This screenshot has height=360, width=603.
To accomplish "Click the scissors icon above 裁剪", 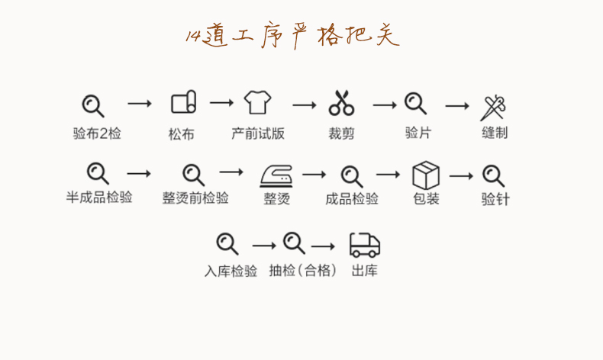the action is click(341, 103).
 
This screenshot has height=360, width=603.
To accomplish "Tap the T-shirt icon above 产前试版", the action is click(257, 101).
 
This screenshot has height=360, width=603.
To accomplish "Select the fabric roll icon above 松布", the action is click(183, 102).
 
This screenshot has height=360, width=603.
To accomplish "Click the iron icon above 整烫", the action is click(276, 175).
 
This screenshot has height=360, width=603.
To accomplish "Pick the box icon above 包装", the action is click(426, 175).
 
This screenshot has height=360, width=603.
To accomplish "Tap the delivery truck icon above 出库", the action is click(364, 244).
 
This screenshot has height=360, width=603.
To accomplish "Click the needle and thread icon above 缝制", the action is click(494, 107).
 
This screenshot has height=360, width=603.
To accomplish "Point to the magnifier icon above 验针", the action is click(495, 176).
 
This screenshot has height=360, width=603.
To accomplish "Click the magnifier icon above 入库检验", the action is click(227, 243).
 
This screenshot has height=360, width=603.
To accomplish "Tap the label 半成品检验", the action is click(99, 198).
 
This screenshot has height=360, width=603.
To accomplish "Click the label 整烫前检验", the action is click(195, 198).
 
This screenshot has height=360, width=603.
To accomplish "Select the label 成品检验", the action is click(352, 199).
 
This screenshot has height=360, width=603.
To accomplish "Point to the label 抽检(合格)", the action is click(302, 271).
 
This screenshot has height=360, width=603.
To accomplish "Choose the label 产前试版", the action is click(258, 133).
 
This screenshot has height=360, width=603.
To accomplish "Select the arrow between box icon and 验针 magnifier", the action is click(462, 176).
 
